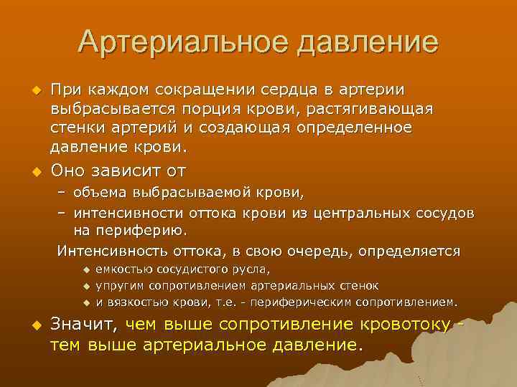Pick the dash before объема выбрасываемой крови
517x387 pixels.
tap(62, 193)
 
